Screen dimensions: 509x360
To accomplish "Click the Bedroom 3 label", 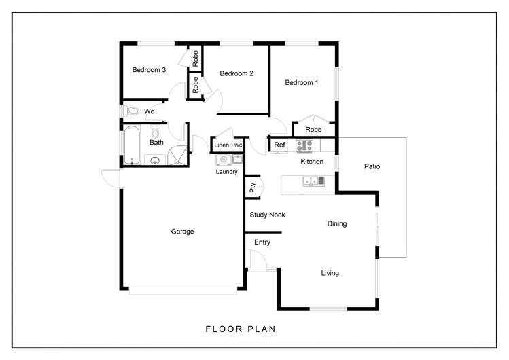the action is [x=149, y=70].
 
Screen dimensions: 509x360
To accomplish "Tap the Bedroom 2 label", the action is [x=236, y=73].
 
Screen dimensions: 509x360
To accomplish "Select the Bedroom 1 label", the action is [x=302, y=82].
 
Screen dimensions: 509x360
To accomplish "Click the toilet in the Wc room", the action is [x=131, y=111].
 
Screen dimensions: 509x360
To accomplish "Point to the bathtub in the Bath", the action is [x=132, y=145].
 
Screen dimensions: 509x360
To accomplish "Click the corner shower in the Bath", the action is [x=177, y=156].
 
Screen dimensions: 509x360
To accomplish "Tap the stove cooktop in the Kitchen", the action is [x=304, y=145].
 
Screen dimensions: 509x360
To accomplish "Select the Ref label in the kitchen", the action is [x=279, y=145].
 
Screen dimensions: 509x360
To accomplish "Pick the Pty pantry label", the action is [x=252, y=187].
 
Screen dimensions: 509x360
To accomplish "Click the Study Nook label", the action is [x=267, y=215].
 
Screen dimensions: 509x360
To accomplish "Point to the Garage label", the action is [x=182, y=232].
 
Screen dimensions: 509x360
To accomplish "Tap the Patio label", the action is [x=372, y=166].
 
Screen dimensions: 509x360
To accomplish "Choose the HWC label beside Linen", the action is [x=236, y=145].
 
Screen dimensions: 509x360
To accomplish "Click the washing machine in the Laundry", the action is [x=224, y=159].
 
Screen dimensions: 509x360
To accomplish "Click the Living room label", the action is [x=330, y=273].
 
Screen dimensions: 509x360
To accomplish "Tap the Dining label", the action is [x=337, y=223].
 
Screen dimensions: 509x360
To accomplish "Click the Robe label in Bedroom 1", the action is [x=313, y=130].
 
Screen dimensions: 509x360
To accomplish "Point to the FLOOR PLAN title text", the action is [x=241, y=329].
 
